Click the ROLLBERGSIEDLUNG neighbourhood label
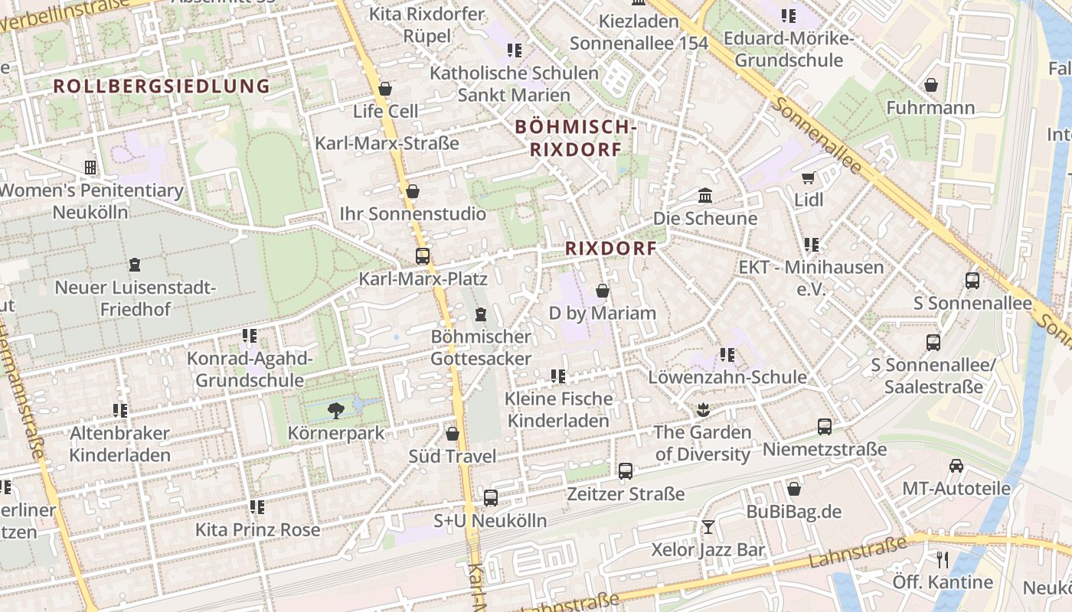tap(162, 86)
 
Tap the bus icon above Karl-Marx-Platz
tap(422, 256)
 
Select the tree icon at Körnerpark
tap(335, 411)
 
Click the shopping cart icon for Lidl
tap(808, 178)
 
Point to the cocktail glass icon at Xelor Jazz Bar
tap(708, 527)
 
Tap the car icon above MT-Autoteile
tap(956, 466)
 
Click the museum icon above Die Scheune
tap(705, 196)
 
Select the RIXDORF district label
tap(611, 249)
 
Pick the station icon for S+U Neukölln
tap(491, 498)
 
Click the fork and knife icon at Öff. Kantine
tap(943, 560)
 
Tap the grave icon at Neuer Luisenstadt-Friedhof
tap(136, 265)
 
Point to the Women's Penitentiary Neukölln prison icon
tap(90, 168)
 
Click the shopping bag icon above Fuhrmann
tap(931, 85)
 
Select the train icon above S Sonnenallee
tap(972, 281)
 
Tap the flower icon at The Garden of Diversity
tap(702, 410)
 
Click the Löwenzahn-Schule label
tap(727, 377)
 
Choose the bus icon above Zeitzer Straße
tap(626, 471)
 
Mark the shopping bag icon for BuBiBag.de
tap(794, 489)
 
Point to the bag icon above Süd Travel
tap(453, 434)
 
